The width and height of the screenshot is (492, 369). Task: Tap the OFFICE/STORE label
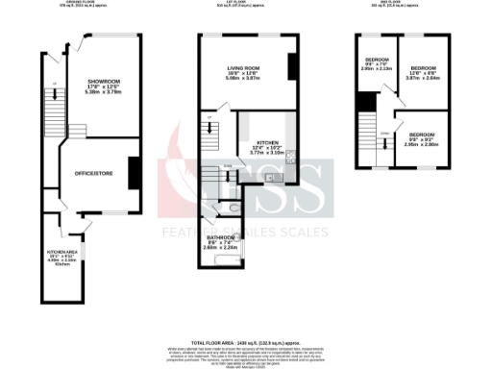pos(95,172)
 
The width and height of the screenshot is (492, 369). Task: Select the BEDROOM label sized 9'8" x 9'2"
pos(422,135)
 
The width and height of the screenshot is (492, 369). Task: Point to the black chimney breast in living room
pos(291,64)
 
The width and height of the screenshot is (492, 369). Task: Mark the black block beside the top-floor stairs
pos(365,102)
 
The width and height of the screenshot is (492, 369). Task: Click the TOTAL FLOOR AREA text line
pos(246,342)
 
